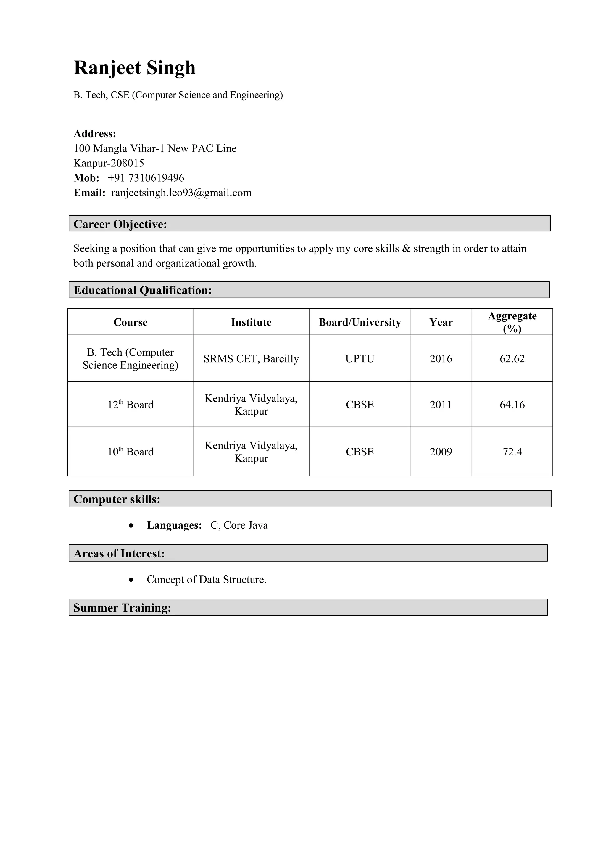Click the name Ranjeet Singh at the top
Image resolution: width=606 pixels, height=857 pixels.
[134, 68]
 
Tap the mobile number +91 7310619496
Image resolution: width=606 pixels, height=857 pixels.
[146, 178]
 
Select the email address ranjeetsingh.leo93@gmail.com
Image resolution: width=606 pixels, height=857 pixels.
[181, 193]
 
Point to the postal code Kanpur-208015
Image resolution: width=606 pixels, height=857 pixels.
[109, 163]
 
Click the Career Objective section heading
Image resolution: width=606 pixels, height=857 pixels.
[120, 224]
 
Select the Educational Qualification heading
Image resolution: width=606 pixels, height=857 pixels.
[143, 290]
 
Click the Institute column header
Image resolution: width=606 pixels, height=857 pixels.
[251, 323]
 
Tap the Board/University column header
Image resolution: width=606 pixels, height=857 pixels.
[360, 323]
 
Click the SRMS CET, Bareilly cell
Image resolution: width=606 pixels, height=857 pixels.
[251, 359]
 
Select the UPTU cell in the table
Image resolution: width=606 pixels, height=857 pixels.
[360, 359]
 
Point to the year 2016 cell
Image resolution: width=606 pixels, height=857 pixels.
[441, 359]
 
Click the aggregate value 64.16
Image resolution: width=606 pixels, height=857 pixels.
[512, 405]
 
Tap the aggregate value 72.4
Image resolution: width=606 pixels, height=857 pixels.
[512, 452]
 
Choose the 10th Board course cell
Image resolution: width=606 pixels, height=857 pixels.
[130, 452]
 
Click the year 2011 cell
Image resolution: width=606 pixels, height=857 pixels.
[441, 405]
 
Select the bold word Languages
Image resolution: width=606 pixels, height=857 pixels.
[174, 525]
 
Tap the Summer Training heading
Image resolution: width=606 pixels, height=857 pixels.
[122, 608]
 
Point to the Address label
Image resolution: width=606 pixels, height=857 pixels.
[95, 134]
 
